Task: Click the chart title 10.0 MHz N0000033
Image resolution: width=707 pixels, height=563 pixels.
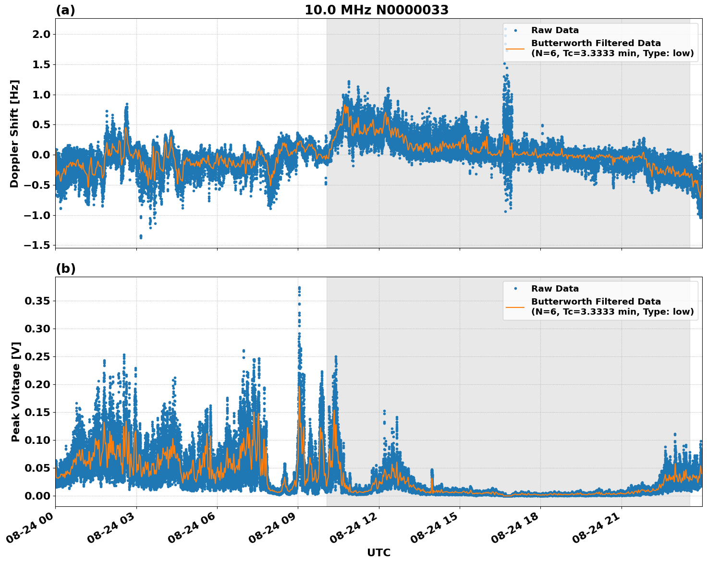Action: point(377,10)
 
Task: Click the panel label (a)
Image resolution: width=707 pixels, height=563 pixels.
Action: point(65,10)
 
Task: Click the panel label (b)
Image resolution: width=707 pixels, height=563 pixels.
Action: point(65,269)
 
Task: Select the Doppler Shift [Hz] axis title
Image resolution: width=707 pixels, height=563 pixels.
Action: point(14,134)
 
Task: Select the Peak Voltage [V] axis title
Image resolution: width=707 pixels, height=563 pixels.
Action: point(16,392)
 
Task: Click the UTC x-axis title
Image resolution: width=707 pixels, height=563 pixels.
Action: point(378,552)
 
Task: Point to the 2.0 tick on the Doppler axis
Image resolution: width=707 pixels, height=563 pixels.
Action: point(41,34)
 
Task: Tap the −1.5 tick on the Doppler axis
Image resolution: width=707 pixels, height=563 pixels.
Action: point(37,245)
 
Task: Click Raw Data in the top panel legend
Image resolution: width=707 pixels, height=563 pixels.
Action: point(555,30)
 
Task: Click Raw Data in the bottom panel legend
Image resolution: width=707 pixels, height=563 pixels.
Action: point(555,289)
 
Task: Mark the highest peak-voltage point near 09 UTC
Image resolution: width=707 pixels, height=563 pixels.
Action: point(299,288)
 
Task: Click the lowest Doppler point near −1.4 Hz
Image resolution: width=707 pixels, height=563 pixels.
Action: point(141,236)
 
